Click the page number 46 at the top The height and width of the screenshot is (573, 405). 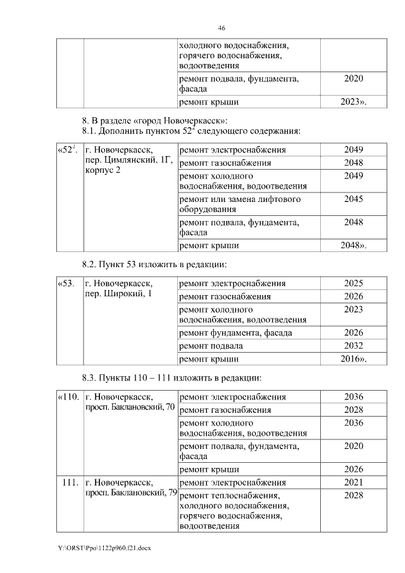coord(221,28)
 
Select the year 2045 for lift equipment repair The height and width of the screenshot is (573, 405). coord(353,199)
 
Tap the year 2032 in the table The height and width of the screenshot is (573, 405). coord(353,346)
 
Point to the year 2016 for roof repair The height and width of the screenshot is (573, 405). coord(353,360)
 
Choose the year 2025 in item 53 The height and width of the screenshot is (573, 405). coord(353,283)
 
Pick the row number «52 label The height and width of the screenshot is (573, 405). coord(67,150)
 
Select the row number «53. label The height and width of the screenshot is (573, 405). coord(66,283)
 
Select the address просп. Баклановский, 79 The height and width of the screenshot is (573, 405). coord(130,493)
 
